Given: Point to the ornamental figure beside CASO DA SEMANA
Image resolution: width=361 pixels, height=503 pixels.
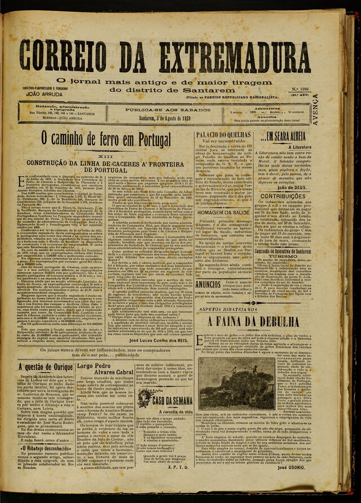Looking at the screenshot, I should (x=144, y=398).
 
